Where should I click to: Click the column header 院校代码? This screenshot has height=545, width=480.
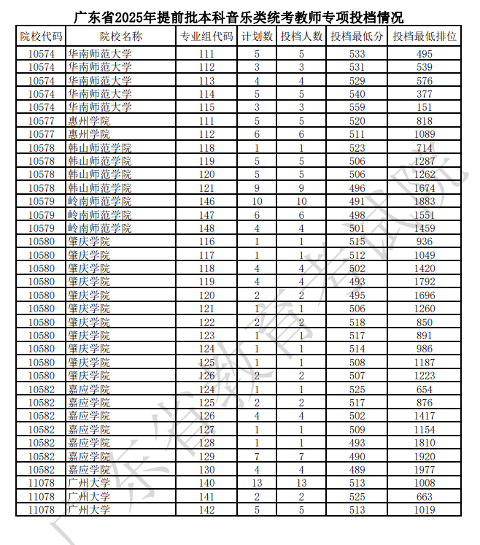41,36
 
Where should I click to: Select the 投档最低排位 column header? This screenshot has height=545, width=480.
425,36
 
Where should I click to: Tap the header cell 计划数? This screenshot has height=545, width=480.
257,36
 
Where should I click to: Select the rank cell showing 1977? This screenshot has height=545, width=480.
425,470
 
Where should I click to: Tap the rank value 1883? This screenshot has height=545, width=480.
425,201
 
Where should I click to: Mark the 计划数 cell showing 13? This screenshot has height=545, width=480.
257,483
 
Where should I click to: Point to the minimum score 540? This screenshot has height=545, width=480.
357,94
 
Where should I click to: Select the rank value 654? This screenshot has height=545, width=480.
425,390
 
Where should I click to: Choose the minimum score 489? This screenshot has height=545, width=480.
357,470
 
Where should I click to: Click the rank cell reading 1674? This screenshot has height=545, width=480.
425,188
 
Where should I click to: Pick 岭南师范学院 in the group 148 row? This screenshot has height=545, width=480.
99,228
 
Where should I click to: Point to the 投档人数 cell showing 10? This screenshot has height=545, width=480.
301,201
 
